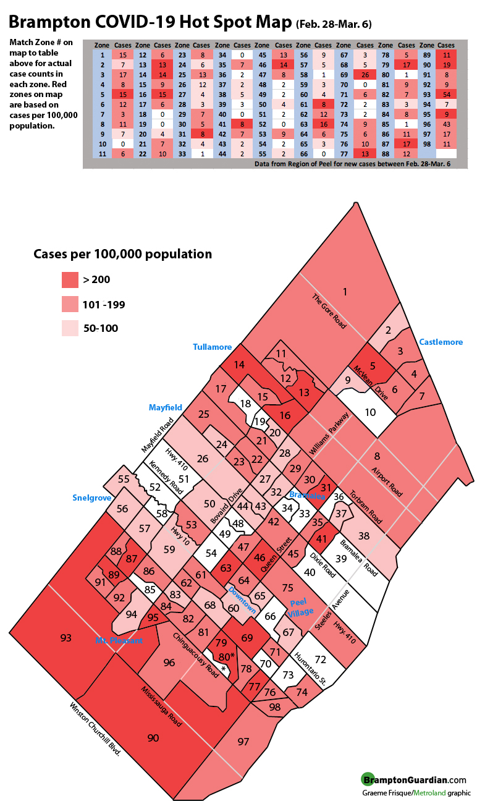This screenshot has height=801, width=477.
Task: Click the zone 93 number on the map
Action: (x=66, y=637)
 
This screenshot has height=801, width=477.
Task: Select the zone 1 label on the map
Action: (x=345, y=292)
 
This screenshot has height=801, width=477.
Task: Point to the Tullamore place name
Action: (x=212, y=347)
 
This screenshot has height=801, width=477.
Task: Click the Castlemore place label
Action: (x=441, y=342)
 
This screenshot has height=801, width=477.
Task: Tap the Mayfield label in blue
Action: (x=165, y=407)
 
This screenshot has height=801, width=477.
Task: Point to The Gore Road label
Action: (x=329, y=311)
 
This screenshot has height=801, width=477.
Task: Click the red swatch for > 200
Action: (x=70, y=280)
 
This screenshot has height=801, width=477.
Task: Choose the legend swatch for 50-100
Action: (x=70, y=328)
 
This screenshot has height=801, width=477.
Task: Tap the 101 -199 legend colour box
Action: (x=70, y=304)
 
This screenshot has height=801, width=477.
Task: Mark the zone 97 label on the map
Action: (x=243, y=741)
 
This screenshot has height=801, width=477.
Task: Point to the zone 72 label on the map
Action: (x=319, y=659)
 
